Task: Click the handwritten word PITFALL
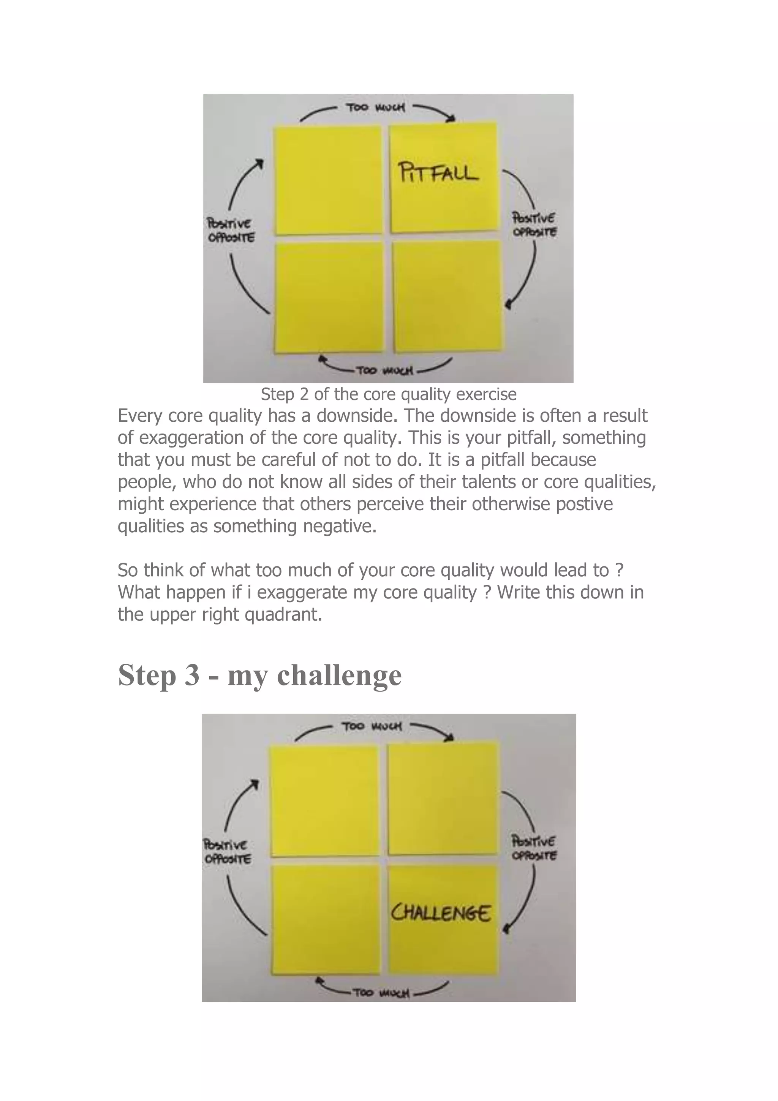coord(438,172)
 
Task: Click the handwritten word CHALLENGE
coord(441,913)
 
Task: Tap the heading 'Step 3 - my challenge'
coord(259,675)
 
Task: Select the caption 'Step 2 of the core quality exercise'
coord(388,394)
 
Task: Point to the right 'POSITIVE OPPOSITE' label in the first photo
coord(534,225)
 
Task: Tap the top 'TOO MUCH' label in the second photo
coord(372,727)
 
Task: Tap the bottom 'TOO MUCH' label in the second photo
coord(381,992)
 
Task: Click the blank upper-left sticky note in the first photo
coord(327,180)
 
